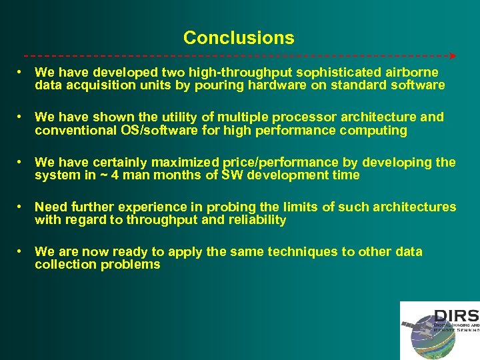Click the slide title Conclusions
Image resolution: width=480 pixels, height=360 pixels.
click(239, 38)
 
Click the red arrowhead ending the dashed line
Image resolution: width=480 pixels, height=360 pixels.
click(453, 56)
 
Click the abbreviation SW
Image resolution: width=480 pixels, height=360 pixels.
click(232, 175)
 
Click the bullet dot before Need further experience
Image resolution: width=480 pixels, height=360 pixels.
click(22, 207)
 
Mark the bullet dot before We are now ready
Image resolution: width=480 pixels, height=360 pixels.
click(22, 252)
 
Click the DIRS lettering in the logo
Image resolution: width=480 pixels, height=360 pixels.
click(456, 315)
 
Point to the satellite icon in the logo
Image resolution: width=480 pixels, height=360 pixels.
click(409, 325)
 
